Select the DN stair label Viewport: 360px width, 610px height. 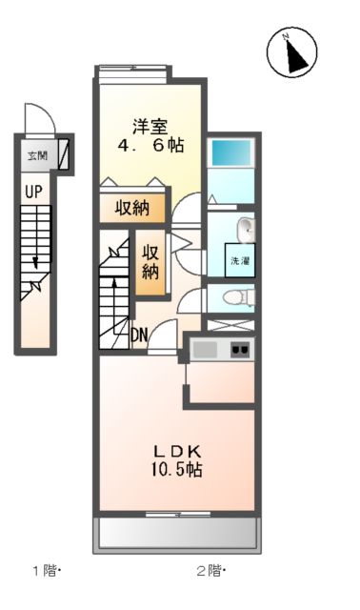click(139, 334)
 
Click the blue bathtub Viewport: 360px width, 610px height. click(231, 152)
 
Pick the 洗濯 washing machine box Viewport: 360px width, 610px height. click(238, 259)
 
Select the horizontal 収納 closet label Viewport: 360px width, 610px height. click(132, 209)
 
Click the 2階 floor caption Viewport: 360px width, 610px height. click(210, 572)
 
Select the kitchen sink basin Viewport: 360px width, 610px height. click(206, 349)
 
